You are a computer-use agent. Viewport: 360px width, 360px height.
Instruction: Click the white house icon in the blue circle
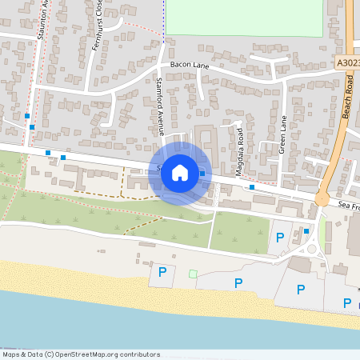coord(180,172)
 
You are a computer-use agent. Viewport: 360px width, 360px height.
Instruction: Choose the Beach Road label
coord(348,99)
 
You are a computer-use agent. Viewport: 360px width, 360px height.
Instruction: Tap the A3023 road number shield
coord(347,62)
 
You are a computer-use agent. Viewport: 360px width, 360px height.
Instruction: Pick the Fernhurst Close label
coord(99,34)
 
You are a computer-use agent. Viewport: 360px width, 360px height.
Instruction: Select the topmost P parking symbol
coord(279,237)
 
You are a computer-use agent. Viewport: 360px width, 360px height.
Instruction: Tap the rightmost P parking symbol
coord(347,302)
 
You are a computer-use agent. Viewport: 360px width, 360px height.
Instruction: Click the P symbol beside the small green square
coord(162,273)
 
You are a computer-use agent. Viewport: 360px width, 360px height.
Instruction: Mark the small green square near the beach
coord(192,274)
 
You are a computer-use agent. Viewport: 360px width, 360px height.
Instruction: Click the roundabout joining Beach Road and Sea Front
coord(323,198)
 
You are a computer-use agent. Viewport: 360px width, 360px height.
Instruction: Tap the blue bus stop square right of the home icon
coord(202,174)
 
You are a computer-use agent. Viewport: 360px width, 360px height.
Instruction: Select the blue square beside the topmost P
coord(306,231)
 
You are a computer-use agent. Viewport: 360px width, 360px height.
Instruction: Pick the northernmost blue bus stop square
coord(27,115)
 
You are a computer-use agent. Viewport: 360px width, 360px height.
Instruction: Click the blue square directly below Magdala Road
coord(252,186)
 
